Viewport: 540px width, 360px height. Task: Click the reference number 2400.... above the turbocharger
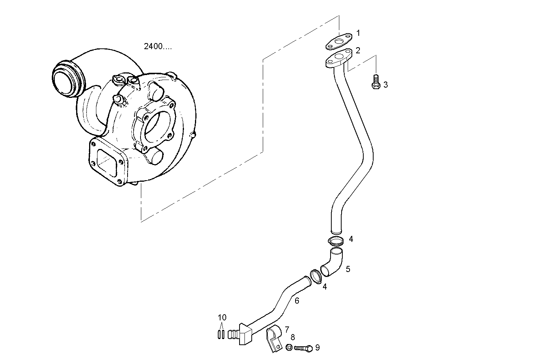(158, 46)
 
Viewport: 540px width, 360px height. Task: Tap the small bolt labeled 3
(375, 82)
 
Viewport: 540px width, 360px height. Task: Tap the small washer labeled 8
(289, 347)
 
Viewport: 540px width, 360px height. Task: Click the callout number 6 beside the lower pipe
(297, 301)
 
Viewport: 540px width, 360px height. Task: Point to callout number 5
(348, 269)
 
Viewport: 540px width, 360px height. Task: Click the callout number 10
(222, 317)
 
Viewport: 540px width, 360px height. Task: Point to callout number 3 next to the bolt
(385, 85)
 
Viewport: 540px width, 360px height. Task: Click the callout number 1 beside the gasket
(358, 33)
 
